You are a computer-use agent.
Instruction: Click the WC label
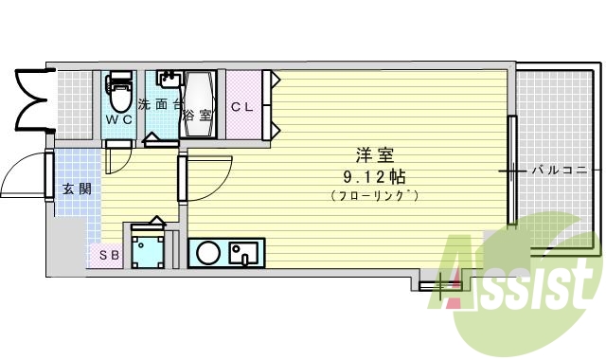[x=118, y=120]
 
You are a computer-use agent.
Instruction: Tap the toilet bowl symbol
[x=119, y=94]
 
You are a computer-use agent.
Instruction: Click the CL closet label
[x=242, y=107]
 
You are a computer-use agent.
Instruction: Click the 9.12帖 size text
[x=376, y=176]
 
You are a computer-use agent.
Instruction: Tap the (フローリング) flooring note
[x=376, y=195]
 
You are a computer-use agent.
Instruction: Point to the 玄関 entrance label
[x=77, y=189]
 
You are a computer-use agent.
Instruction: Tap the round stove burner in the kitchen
[x=207, y=253]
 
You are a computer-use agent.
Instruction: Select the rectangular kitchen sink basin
[x=244, y=254]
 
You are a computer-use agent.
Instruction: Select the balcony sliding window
[x=512, y=171]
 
